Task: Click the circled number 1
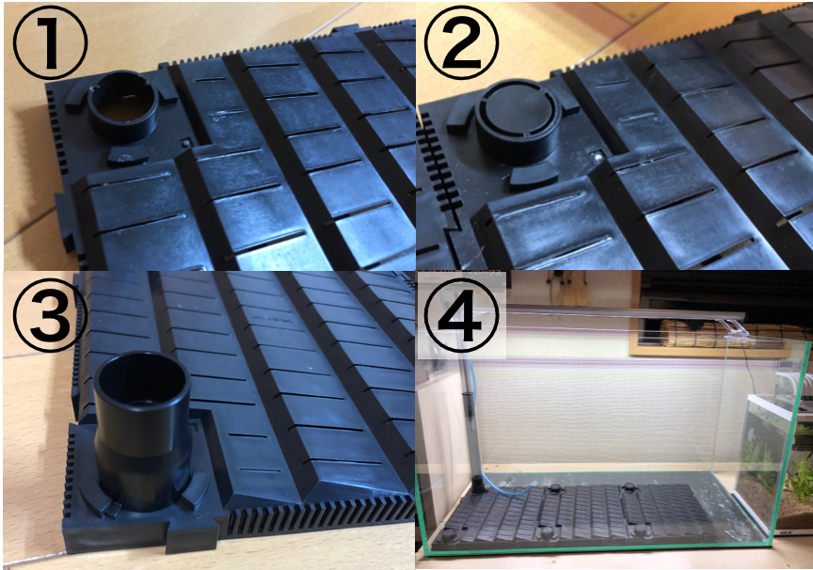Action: [50, 42]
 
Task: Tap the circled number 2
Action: [461, 42]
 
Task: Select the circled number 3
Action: [50, 314]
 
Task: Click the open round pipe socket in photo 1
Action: [123, 106]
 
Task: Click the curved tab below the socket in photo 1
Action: [128, 154]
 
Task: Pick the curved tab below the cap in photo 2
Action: [533, 178]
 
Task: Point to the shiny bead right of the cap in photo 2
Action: [598, 155]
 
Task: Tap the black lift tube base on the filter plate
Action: [478, 484]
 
